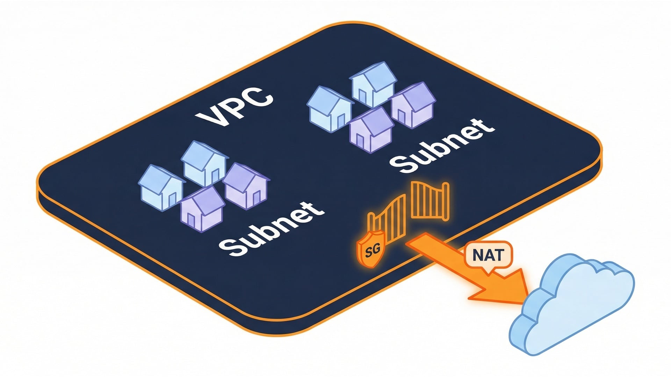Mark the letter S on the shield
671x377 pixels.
[x=368, y=253]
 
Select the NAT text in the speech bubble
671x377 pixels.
[x=488, y=255]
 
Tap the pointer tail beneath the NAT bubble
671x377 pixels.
[x=487, y=272]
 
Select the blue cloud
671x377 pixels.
[x=573, y=304]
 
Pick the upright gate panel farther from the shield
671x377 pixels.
[x=430, y=201]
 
